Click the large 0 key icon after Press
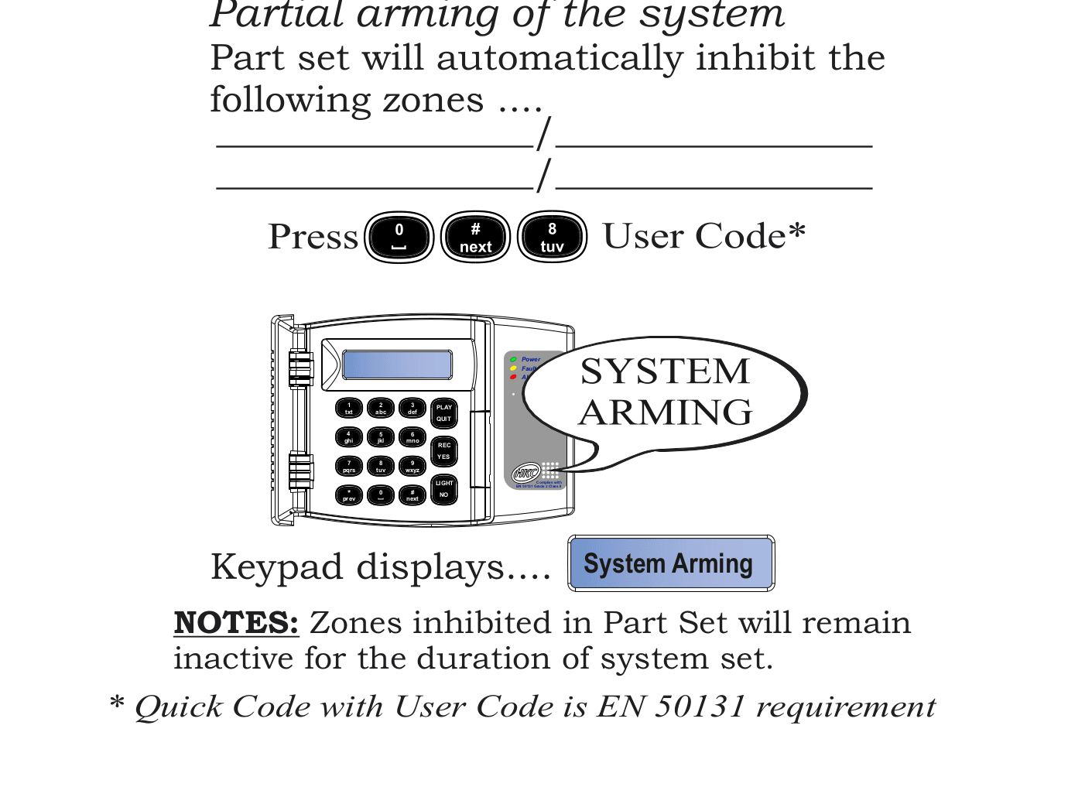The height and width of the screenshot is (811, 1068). click(x=399, y=237)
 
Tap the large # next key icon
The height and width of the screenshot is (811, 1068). click(x=475, y=237)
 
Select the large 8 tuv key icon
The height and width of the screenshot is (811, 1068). click(x=552, y=237)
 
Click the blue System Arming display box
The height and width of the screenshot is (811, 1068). click(x=671, y=563)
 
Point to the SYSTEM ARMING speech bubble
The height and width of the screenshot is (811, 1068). click(x=666, y=393)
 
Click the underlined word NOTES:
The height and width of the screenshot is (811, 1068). click(x=236, y=623)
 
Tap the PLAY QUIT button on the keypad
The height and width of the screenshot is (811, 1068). click(x=443, y=413)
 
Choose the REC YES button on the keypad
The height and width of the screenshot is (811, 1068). click(x=443, y=451)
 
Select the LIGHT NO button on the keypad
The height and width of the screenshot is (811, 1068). click(x=443, y=489)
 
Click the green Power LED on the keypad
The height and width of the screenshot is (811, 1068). click(x=513, y=360)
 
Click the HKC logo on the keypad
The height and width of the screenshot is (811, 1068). click(x=526, y=472)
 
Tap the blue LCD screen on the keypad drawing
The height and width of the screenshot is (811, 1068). click(x=397, y=364)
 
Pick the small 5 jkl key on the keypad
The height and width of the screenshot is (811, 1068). click(x=381, y=437)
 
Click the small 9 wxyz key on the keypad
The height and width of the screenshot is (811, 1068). click(x=412, y=466)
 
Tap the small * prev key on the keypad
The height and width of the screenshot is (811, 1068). click(x=349, y=495)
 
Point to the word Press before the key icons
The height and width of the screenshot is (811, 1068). click(x=313, y=237)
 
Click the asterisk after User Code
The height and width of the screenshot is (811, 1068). click(x=797, y=231)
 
